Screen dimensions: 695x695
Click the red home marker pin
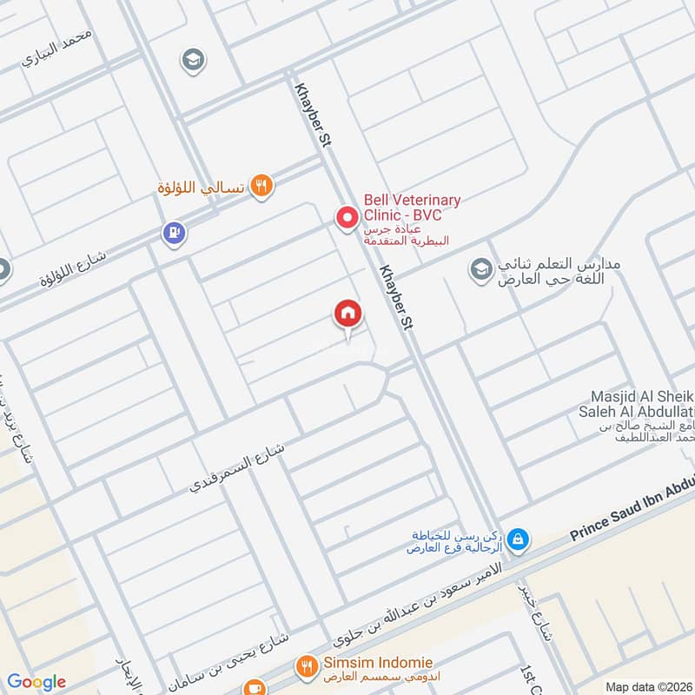pos(347,314)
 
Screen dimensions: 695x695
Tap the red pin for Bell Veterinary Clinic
pos(347,216)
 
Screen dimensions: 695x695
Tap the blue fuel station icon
pos(174,232)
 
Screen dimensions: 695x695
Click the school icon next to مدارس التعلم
pos(480,269)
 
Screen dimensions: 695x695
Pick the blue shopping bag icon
pos(517,539)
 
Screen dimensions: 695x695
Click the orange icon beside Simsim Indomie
pos(306,666)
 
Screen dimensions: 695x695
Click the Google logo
pos(36,682)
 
